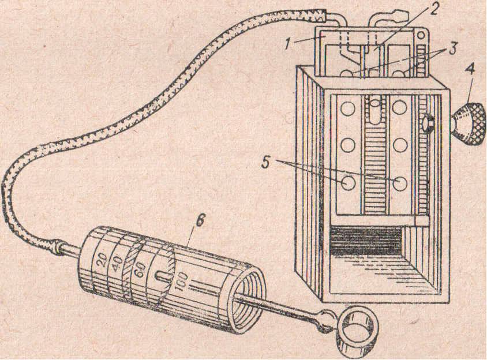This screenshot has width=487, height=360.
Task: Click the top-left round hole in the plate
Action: [x=348, y=108]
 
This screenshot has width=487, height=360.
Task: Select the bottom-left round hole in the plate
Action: [x=348, y=182]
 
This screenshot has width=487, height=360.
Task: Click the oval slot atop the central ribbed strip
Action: [x=375, y=110]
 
